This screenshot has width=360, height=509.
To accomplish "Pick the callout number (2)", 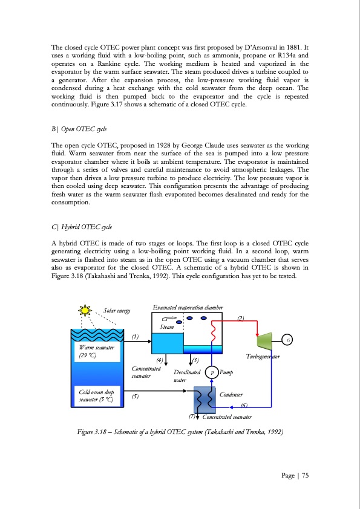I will point(240,318).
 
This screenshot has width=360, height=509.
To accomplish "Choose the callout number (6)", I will point(244,405).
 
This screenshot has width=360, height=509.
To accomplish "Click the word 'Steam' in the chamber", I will point(166,327).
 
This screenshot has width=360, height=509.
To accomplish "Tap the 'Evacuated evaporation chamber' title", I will point(188,308).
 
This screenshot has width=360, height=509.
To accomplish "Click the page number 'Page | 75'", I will point(295,475).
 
